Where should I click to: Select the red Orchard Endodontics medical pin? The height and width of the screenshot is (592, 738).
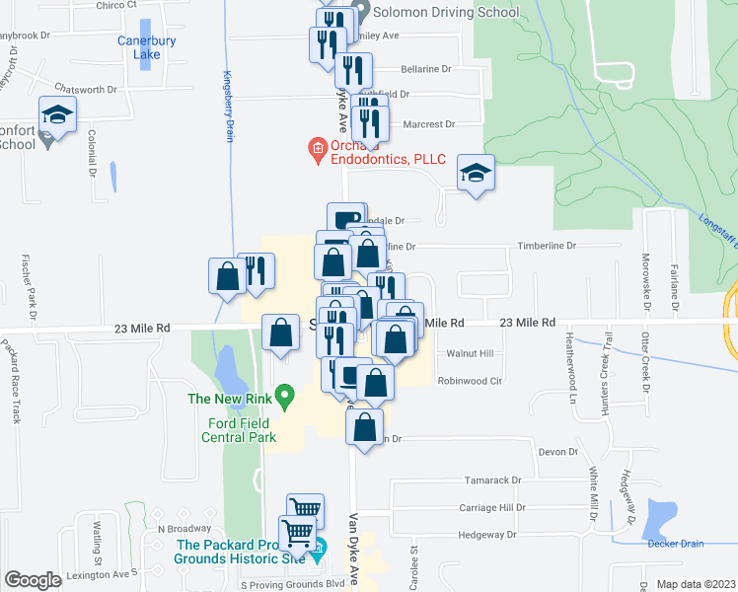(318, 150)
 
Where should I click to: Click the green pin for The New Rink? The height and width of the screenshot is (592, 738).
(285, 397)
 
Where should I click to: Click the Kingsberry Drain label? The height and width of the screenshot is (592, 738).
(226, 106)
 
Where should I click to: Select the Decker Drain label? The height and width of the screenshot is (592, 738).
(675, 544)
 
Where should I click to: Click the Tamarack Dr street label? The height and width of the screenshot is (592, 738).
(493, 481)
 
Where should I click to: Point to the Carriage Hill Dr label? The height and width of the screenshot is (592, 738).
(492, 507)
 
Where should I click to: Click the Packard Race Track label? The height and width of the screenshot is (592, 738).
(12, 380)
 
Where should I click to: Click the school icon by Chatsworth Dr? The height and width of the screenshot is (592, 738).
(57, 115)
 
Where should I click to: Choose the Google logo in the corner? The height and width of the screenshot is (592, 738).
(33, 580)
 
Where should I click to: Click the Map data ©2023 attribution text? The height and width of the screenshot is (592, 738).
(696, 584)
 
